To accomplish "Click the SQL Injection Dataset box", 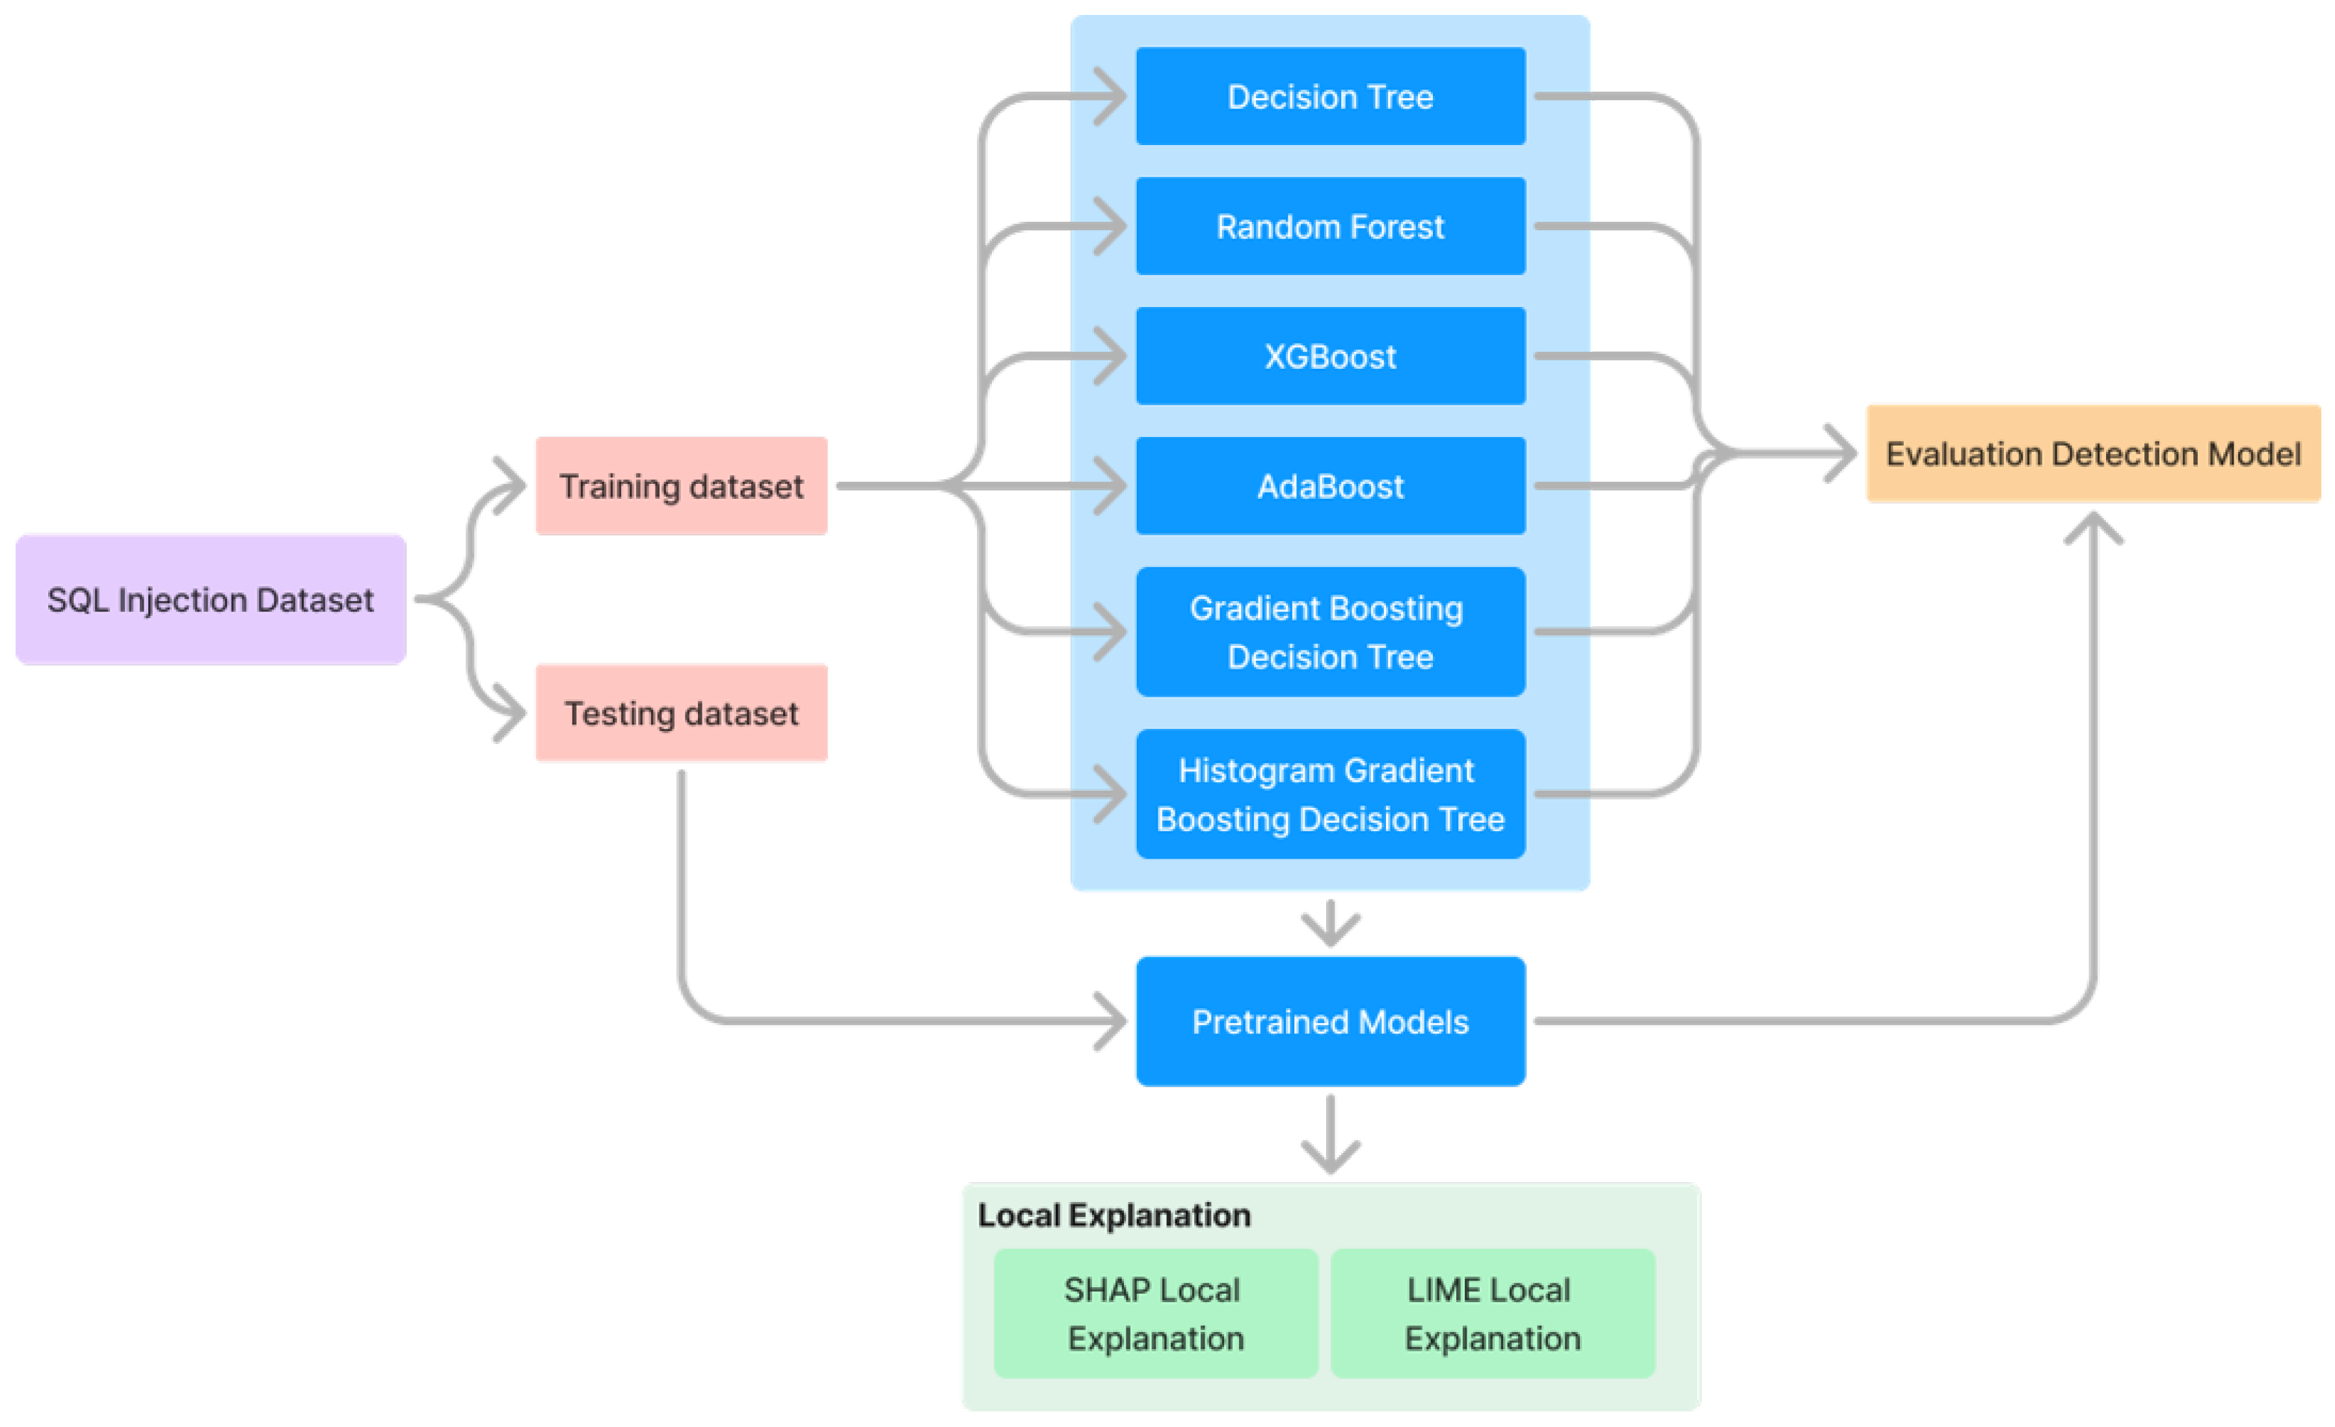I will point(210,600).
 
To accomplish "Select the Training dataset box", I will point(682,486).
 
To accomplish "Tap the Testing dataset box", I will point(682,713).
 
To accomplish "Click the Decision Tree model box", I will point(1331,97).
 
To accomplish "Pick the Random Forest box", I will point(1331,226).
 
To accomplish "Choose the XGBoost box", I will point(1331,356).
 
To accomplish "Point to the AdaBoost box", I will point(1331,486).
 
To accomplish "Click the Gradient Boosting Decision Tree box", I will point(1331,632).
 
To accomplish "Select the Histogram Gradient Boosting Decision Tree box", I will point(1331,794).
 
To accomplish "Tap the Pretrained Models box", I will point(1331,1021).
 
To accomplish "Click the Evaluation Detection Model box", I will point(2092,454).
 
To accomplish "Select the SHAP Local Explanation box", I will point(1155,1313).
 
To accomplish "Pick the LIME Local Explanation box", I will point(1493,1313).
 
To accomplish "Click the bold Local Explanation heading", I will point(1114,1216).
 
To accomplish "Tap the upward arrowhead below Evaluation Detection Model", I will point(2092,527).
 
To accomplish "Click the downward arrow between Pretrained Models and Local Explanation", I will point(1331,1141).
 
